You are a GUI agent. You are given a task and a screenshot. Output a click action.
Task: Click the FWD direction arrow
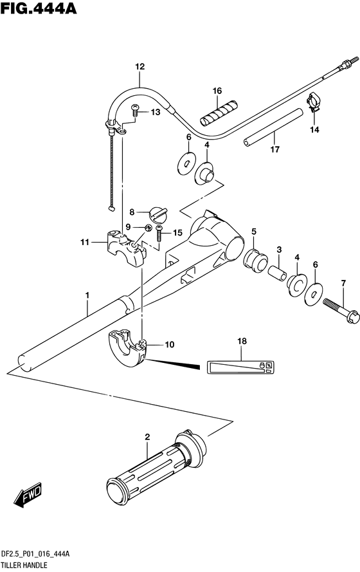click(x=28, y=496)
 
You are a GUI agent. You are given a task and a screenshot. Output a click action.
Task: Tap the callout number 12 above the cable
click(x=140, y=66)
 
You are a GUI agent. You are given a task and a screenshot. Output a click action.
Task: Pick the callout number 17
click(x=275, y=149)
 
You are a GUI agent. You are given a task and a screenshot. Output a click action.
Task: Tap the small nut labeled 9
click(x=148, y=228)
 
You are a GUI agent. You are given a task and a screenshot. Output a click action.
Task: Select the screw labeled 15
click(x=159, y=233)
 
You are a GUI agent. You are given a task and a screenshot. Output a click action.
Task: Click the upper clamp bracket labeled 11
click(x=126, y=248)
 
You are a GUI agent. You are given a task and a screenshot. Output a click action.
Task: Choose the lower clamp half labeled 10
click(x=127, y=347)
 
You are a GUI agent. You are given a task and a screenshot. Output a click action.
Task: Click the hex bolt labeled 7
click(x=341, y=310)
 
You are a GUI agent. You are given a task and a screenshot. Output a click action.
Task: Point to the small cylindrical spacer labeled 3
click(x=277, y=273)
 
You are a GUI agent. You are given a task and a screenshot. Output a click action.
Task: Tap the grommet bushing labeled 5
click(x=255, y=260)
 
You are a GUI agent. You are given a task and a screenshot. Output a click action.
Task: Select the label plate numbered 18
click(x=241, y=367)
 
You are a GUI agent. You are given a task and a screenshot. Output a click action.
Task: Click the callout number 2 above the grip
click(x=148, y=437)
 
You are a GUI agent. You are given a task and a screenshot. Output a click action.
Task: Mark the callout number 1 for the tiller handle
click(x=87, y=295)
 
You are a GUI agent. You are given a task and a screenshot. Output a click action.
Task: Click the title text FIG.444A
click(x=39, y=8)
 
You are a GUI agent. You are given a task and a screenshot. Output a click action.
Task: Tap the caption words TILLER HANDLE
click(x=24, y=566)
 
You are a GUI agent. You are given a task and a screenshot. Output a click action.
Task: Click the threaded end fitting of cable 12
click(x=346, y=64)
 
